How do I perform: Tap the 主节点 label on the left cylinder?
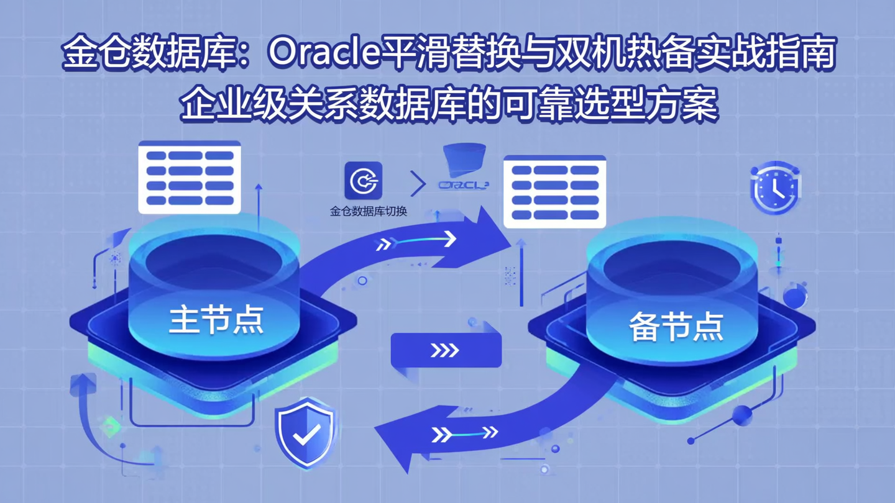coord(216,320)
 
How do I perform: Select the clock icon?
coord(775,188)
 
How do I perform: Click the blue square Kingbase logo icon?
coord(364,181)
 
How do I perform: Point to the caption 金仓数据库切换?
coord(368,211)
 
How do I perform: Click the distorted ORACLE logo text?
coord(463,185)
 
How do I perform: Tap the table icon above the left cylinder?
coord(189,178)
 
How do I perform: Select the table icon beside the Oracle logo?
coord(554,191)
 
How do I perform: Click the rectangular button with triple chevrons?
coord(446,350)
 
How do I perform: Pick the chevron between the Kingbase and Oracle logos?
coord(418,184)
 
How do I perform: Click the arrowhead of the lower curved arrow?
coord(398,438)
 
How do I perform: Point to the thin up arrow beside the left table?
coord(259,199)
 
